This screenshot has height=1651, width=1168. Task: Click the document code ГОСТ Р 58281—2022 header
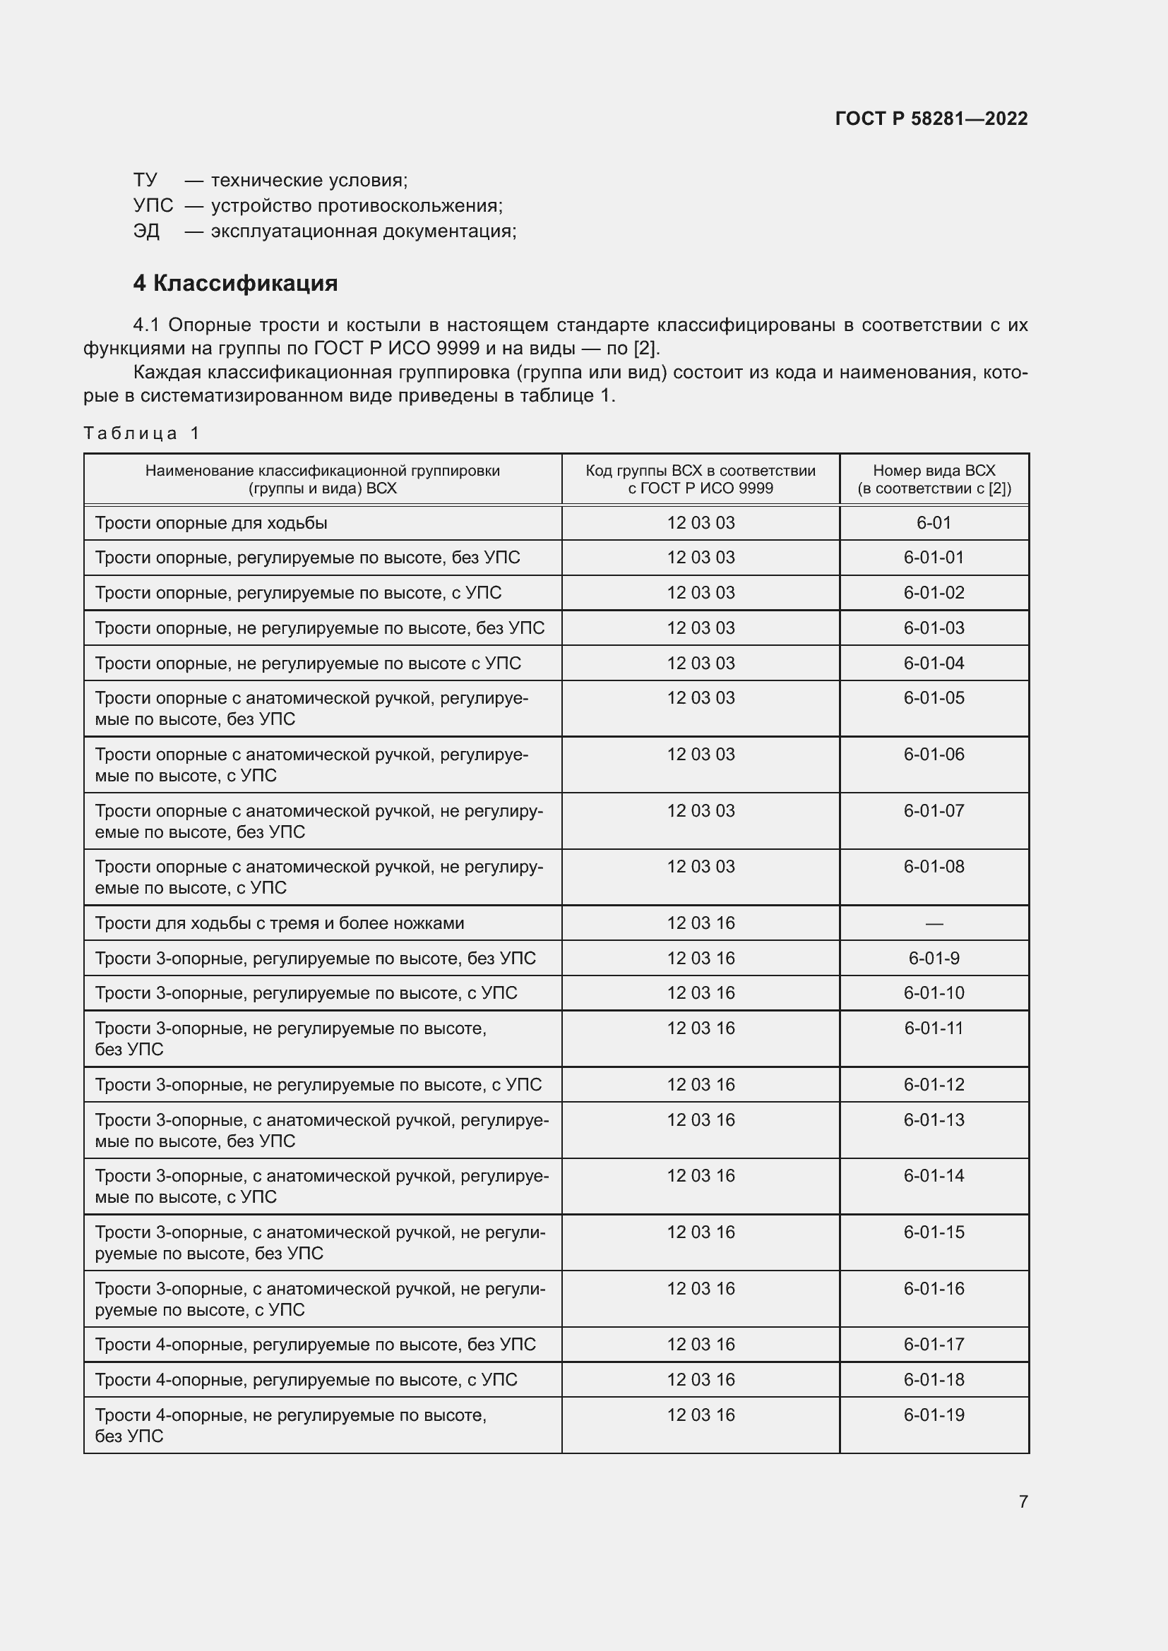(931, 119)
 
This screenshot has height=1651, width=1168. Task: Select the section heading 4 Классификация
(235, 283)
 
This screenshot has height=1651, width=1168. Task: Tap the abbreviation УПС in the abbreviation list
(153, 205)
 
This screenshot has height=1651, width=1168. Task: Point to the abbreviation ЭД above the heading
(147, 232)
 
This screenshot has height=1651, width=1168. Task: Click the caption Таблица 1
(142, 433)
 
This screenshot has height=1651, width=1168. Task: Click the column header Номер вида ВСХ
(934, 479)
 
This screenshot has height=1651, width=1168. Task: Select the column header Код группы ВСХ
(700, 479)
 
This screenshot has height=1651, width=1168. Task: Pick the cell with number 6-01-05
(934, 698)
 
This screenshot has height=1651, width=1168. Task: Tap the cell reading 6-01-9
(934, 959)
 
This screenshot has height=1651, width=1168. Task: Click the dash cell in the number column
(934, 923)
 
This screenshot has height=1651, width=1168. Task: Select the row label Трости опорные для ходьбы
(211, 523)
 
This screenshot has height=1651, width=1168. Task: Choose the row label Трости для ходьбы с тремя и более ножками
(280, 923)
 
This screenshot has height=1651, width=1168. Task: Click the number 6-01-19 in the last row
(934, 1415)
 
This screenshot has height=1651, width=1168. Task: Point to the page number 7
(1023, 1501)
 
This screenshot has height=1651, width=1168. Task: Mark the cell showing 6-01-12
(934, 1084)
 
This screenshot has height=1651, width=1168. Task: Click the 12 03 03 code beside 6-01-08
(701, 867)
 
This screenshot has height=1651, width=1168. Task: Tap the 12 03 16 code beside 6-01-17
(701, 1344)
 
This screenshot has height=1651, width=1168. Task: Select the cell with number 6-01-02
(934, 592)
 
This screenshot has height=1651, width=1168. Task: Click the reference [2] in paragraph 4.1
(645, 349)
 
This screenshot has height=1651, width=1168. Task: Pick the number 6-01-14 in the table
(934, 1176)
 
